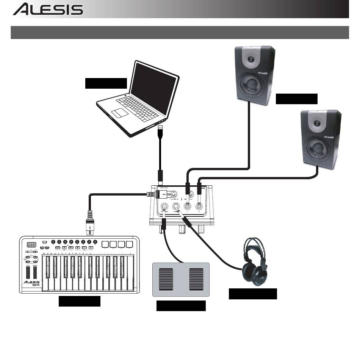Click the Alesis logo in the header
48,9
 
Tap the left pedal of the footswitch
166,280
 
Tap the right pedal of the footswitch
196,280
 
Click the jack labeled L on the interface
187,207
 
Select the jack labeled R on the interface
199,207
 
